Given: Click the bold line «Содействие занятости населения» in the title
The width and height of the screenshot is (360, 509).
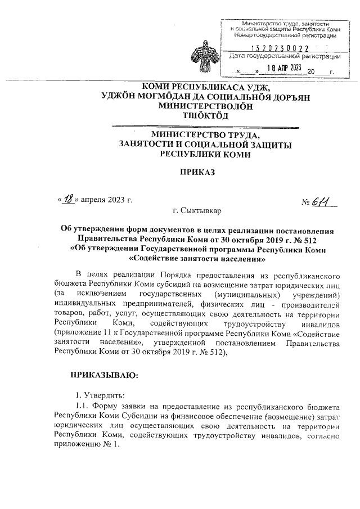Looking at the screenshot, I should (197, 259).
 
